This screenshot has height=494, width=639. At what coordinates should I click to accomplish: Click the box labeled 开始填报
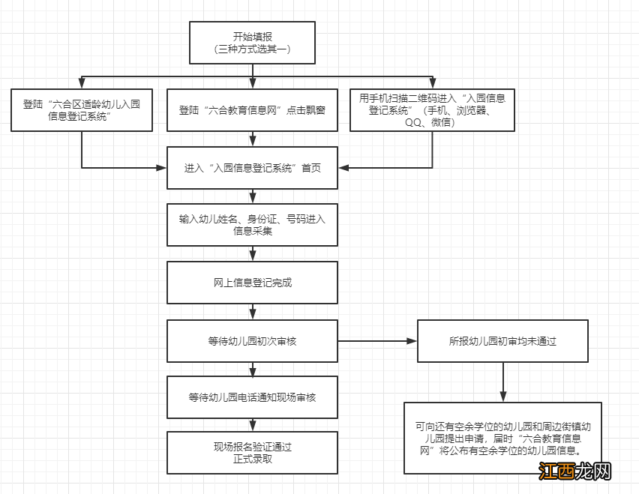pos(252,42)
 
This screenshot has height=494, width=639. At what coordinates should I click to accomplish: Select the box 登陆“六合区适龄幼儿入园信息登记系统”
pos(82,110)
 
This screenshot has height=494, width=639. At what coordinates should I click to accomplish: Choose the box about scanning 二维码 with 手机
pos(432,110)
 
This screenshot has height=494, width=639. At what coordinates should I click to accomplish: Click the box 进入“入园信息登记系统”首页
pos(252,168)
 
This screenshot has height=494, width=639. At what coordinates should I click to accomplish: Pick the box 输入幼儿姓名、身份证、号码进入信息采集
pos(252,225)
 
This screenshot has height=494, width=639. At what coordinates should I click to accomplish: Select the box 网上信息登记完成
pos(252,283)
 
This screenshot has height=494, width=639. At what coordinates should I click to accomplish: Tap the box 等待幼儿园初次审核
pos(252,341)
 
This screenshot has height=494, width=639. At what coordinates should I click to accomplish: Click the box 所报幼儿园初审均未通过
pos(502,341)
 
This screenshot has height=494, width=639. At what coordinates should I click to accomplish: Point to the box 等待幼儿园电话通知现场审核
pos(252,397)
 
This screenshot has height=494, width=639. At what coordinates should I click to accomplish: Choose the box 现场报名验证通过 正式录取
pos(252,452)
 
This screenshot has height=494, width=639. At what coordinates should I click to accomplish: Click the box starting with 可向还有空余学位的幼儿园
pos(502,438)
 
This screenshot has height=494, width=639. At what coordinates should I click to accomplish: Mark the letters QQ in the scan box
pos(415,122)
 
